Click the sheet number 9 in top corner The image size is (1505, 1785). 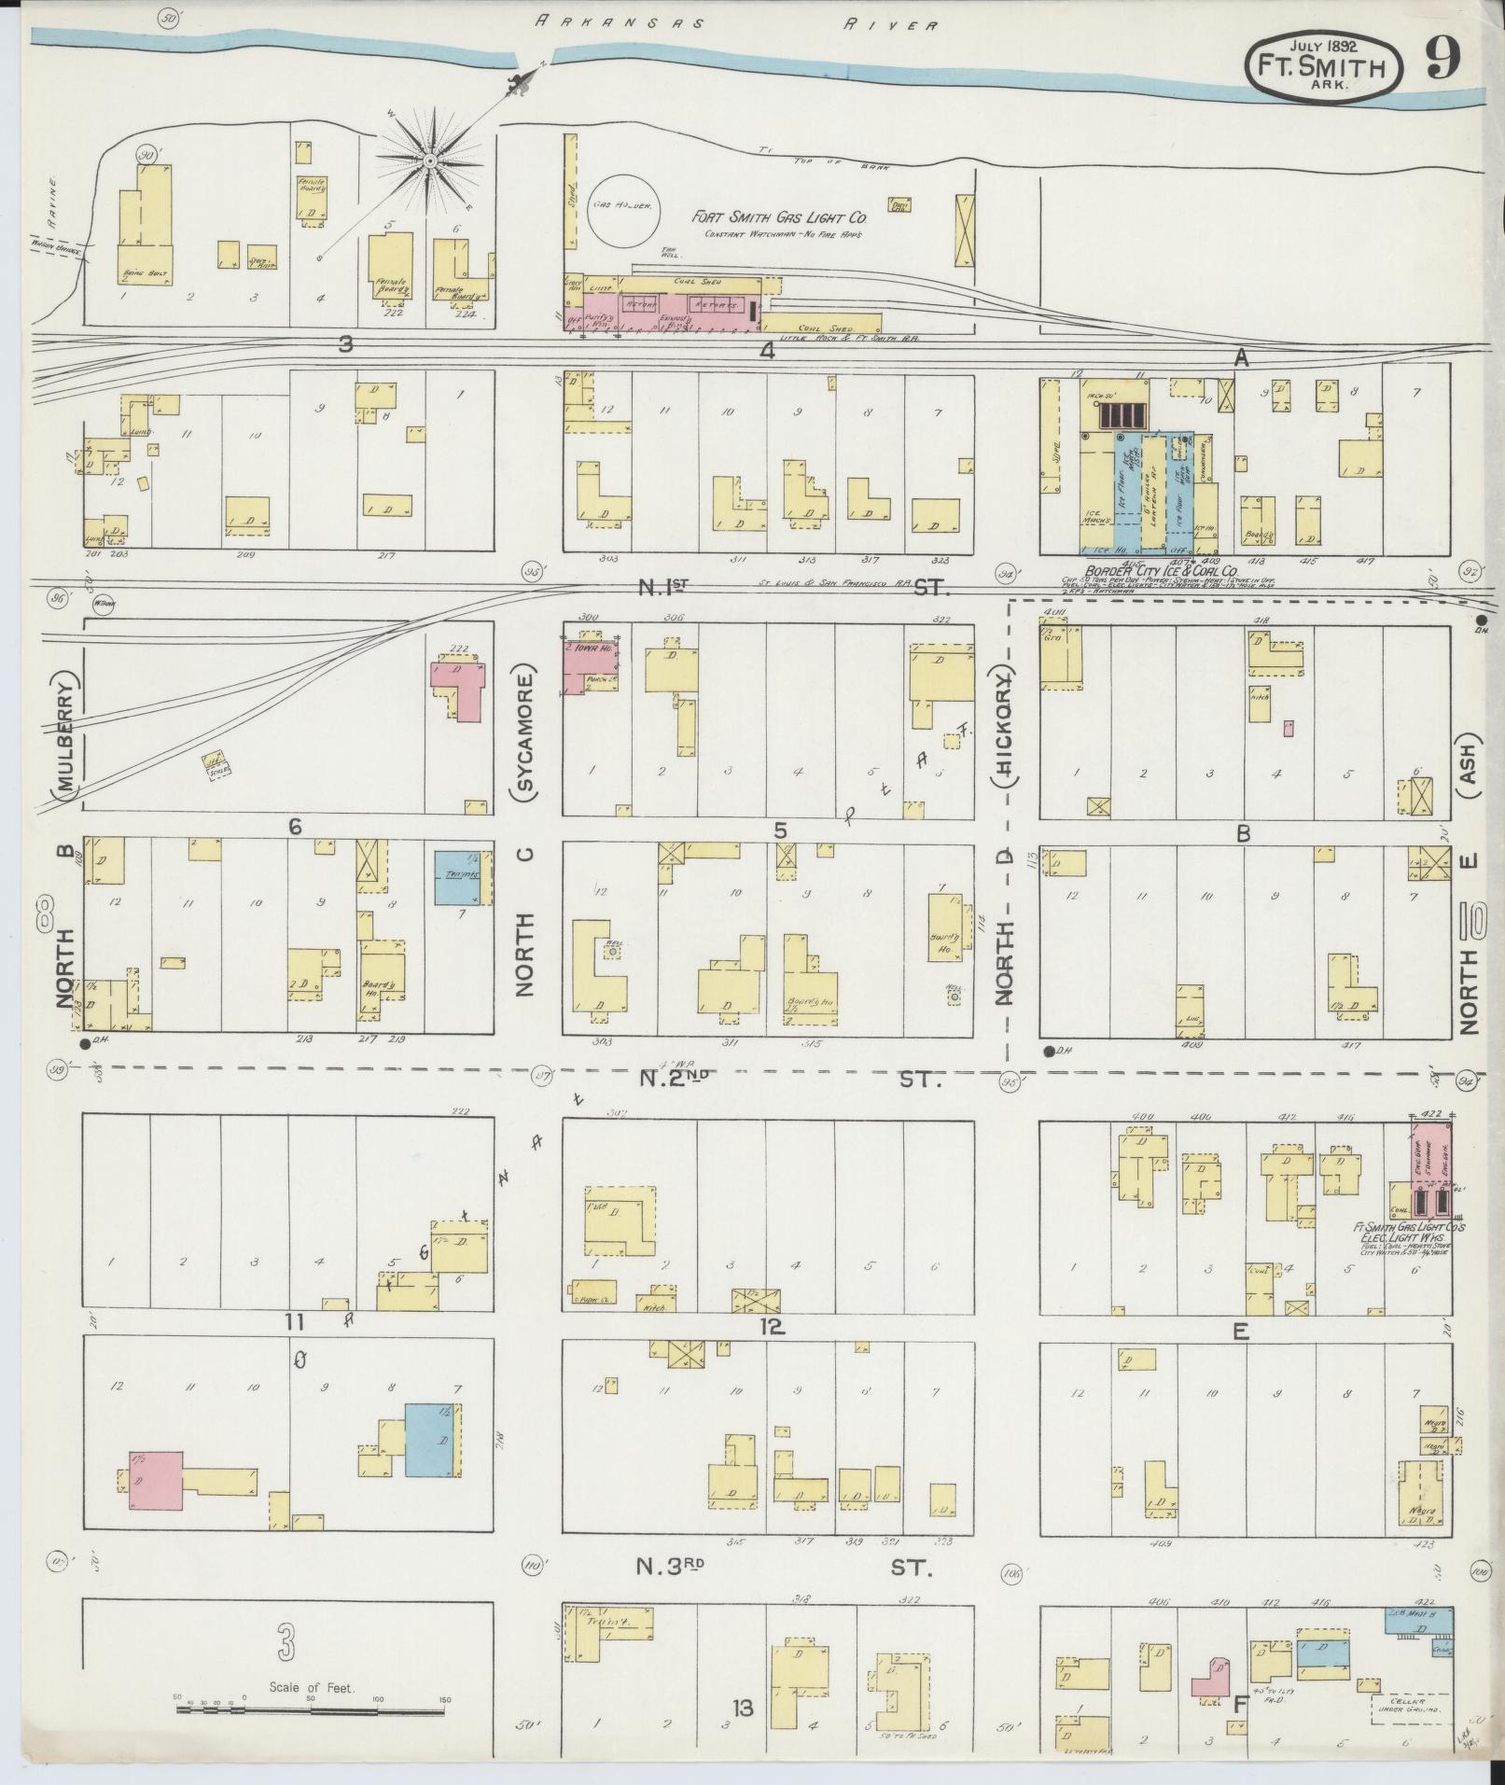(x=1442, y=62)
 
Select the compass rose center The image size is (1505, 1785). (x=429, y=161)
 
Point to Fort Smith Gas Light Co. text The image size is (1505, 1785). (x=778, y=216)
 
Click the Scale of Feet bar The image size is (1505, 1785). (x=312, y=1709)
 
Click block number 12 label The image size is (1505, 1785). (x=772, y=1326)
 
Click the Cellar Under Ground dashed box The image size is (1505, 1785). (x=1409, y=1706)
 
